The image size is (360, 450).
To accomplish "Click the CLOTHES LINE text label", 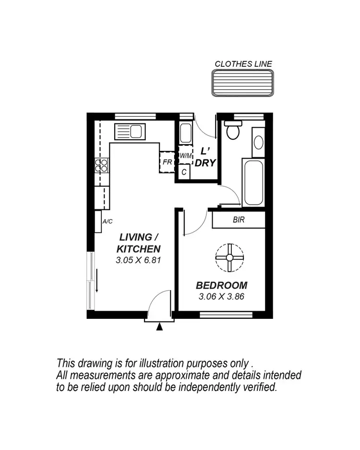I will (243, 63).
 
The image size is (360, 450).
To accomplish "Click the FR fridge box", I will (167, 162).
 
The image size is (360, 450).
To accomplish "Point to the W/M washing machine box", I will (185, 156).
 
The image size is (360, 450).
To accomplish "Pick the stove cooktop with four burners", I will (103, 165).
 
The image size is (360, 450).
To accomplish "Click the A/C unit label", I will (108, 221).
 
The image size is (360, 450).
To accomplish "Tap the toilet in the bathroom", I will (234, 130).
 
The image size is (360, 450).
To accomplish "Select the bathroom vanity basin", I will (258, 143).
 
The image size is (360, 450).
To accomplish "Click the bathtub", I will (253, 182).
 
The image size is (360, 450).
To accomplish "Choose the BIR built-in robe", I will (239, 220).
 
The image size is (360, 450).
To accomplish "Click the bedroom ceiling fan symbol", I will (229, 258).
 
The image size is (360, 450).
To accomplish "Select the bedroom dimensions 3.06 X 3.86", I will (222, 296).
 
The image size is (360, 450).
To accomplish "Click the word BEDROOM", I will (222, 285).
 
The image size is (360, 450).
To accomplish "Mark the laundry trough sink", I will (185, 133).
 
